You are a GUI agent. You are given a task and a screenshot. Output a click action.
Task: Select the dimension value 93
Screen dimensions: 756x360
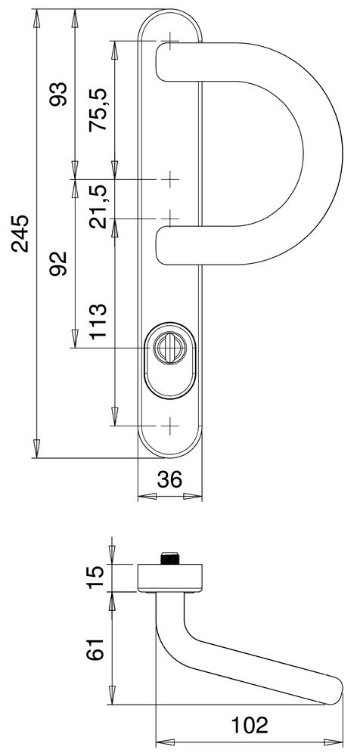[x=58, y=94]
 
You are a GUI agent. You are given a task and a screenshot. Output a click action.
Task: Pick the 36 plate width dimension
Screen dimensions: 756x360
[x=171, y=480]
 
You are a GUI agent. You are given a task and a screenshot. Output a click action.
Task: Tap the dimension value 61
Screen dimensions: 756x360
[x=95, y=649]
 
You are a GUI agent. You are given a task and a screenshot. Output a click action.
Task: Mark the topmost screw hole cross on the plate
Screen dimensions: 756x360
[x=171, y=40]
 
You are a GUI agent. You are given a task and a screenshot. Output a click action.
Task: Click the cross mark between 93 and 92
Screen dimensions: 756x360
[x=171, y=180]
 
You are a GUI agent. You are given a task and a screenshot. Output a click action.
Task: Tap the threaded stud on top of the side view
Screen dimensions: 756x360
[x=171, y=557]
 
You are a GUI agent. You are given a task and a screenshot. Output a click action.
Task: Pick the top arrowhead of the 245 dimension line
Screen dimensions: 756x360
[x=36, y=17]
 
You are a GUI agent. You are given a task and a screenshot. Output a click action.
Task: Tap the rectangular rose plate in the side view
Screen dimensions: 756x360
[x=171, y=577]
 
